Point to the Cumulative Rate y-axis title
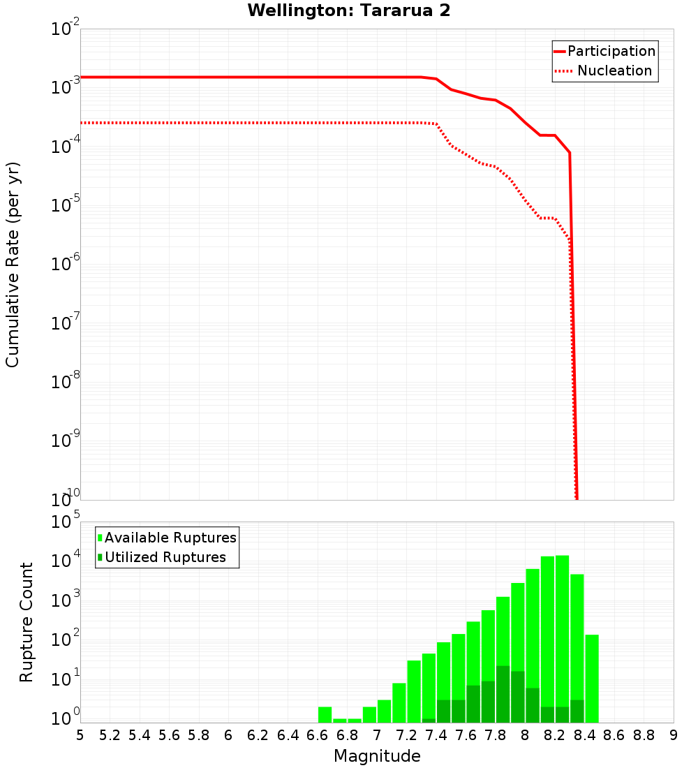[13, 265]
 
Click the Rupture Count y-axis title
[27, 622]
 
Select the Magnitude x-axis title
[377, 756]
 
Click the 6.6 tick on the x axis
[317, 735]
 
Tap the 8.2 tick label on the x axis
[555, 735]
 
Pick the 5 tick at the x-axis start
[80, 735]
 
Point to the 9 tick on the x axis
[673, 735]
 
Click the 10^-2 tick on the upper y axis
[66, 29]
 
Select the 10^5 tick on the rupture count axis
[66, 522]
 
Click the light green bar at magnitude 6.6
[325, 715]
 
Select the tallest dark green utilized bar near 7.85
[503, 695]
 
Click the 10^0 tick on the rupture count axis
[66, 718]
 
